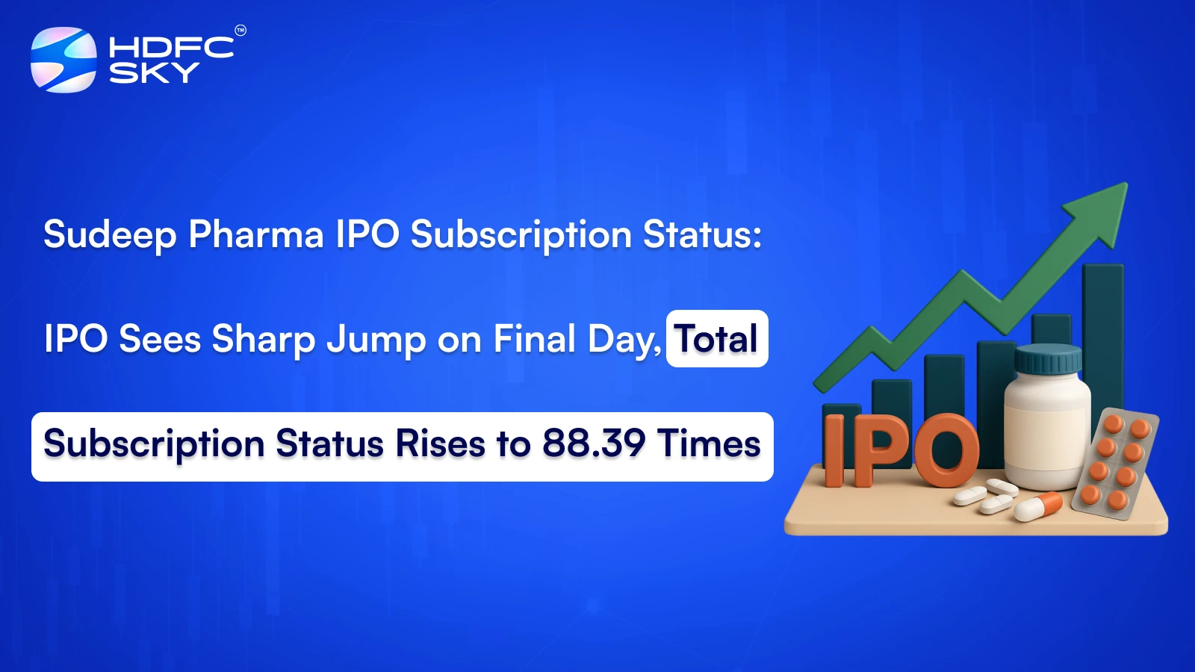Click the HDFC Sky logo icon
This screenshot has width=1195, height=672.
(63, 60)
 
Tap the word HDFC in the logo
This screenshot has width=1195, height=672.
(171, 48)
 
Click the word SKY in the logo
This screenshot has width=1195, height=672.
(154, 73)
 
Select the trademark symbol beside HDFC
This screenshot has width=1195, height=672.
(240, 31)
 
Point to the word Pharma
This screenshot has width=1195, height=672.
(256, 234)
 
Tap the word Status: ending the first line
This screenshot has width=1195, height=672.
(703, 234)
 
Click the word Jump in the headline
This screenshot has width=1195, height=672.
(376, 340)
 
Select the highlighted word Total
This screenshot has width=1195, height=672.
(717, 339)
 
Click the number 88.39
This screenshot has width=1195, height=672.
(594, 444)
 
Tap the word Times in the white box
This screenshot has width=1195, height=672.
(710, 444)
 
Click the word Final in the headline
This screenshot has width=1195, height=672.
(535, 339)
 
